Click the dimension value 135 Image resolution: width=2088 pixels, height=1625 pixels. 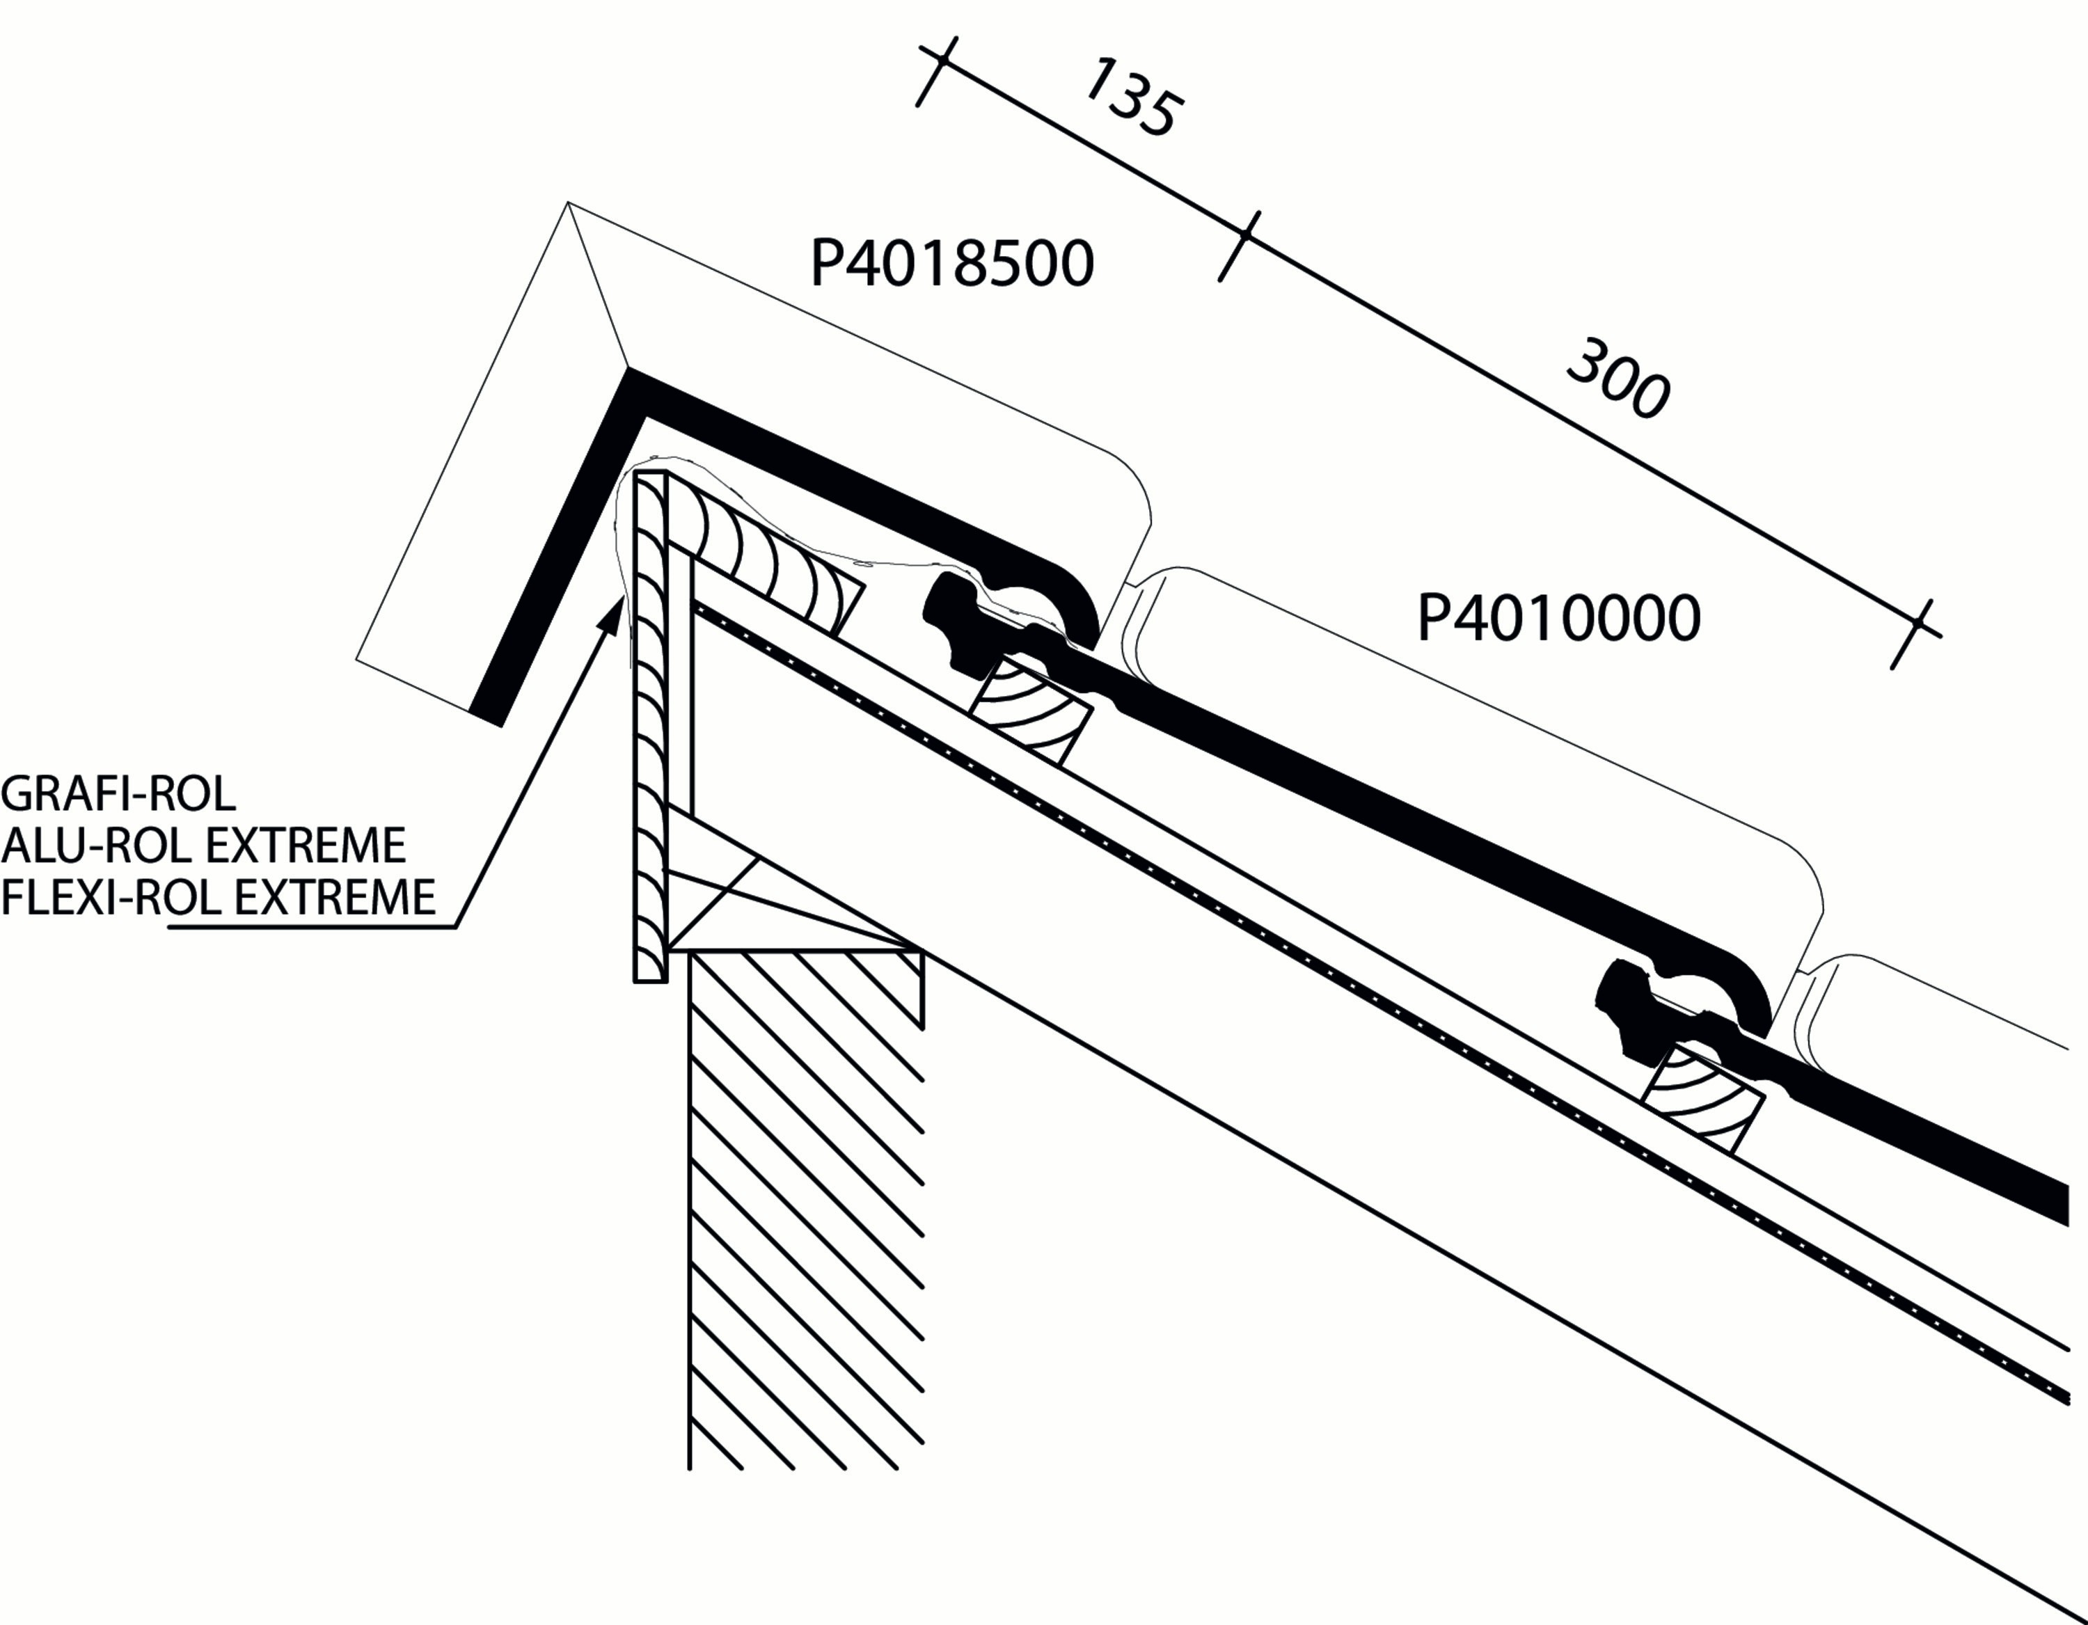1132,97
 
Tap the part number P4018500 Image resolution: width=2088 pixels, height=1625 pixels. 951,263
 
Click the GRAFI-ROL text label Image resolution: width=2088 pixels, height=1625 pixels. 118,793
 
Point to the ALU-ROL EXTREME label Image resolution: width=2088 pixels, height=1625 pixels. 204,845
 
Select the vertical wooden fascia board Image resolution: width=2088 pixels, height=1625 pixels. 650,727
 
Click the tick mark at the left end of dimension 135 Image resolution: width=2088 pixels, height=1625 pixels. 936,72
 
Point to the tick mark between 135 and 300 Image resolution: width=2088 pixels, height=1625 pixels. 1239,246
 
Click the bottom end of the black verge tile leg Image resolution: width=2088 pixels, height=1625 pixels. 486,718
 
